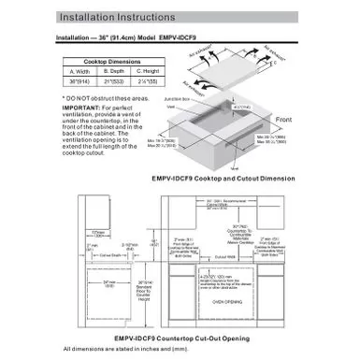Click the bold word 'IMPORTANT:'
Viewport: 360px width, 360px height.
78,107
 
